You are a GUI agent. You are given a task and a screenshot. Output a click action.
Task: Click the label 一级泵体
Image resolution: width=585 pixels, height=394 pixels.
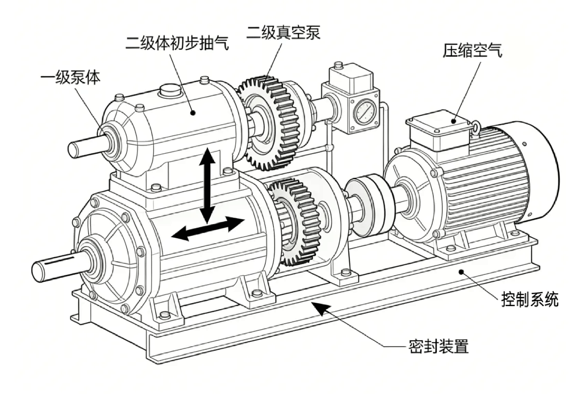71,77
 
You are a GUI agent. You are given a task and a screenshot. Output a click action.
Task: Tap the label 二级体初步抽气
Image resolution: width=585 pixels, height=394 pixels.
177,42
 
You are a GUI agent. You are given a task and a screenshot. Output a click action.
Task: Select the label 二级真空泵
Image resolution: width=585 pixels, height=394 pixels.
284,33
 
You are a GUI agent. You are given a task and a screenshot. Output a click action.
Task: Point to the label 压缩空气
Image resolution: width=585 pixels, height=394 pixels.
472,50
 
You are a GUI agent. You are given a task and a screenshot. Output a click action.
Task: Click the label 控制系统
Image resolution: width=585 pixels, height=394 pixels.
529,299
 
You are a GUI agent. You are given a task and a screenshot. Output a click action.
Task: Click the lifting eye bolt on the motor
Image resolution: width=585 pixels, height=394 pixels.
474,128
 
